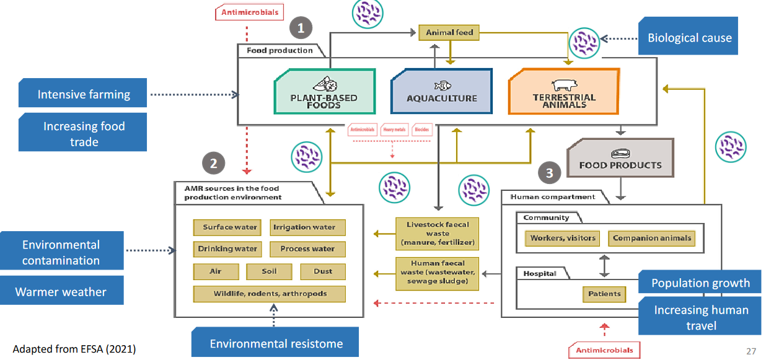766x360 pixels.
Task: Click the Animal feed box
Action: click(450, 33)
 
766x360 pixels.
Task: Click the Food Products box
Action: click(620, 159)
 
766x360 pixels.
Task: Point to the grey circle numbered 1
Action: click(301, 27)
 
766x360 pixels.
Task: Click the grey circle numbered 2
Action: click(213, 164)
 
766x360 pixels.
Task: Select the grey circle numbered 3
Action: click(549, 173)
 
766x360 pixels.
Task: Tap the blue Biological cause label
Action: click(689, 38)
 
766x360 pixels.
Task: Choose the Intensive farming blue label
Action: click(83, 94)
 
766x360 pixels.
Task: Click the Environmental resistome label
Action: click(276, 343)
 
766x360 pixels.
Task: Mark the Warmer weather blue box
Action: click(61, 291)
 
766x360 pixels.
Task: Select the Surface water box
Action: click(229, 227)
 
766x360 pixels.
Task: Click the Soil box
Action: click(269, 271)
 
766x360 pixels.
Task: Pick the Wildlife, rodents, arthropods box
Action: click(270, 293)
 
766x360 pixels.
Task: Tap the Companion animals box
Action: click(651, 238)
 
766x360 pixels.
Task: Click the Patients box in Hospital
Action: click(604, 294)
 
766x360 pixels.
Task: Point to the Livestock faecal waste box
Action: click(438, 233)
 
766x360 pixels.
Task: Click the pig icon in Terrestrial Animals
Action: click(563, 85)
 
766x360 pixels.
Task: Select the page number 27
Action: click(751, 351)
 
